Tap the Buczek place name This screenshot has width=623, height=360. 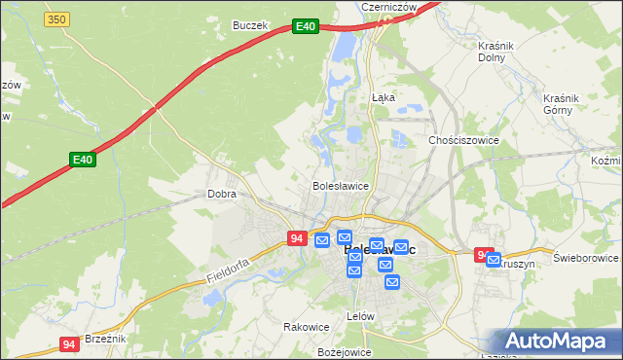[249, 25]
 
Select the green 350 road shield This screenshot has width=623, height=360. [56, 18]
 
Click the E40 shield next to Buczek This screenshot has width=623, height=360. [305, 27]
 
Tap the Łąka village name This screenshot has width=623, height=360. [383, 97]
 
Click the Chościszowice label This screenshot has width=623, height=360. [464, 140]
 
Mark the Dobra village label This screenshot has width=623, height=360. [222, 194]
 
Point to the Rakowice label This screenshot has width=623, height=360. [302, 326]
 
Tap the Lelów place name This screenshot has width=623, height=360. [361, 316]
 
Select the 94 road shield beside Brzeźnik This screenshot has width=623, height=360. [68, 344]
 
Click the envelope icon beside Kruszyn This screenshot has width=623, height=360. [494, 260]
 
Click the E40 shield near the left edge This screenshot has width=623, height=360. [82, 159]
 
